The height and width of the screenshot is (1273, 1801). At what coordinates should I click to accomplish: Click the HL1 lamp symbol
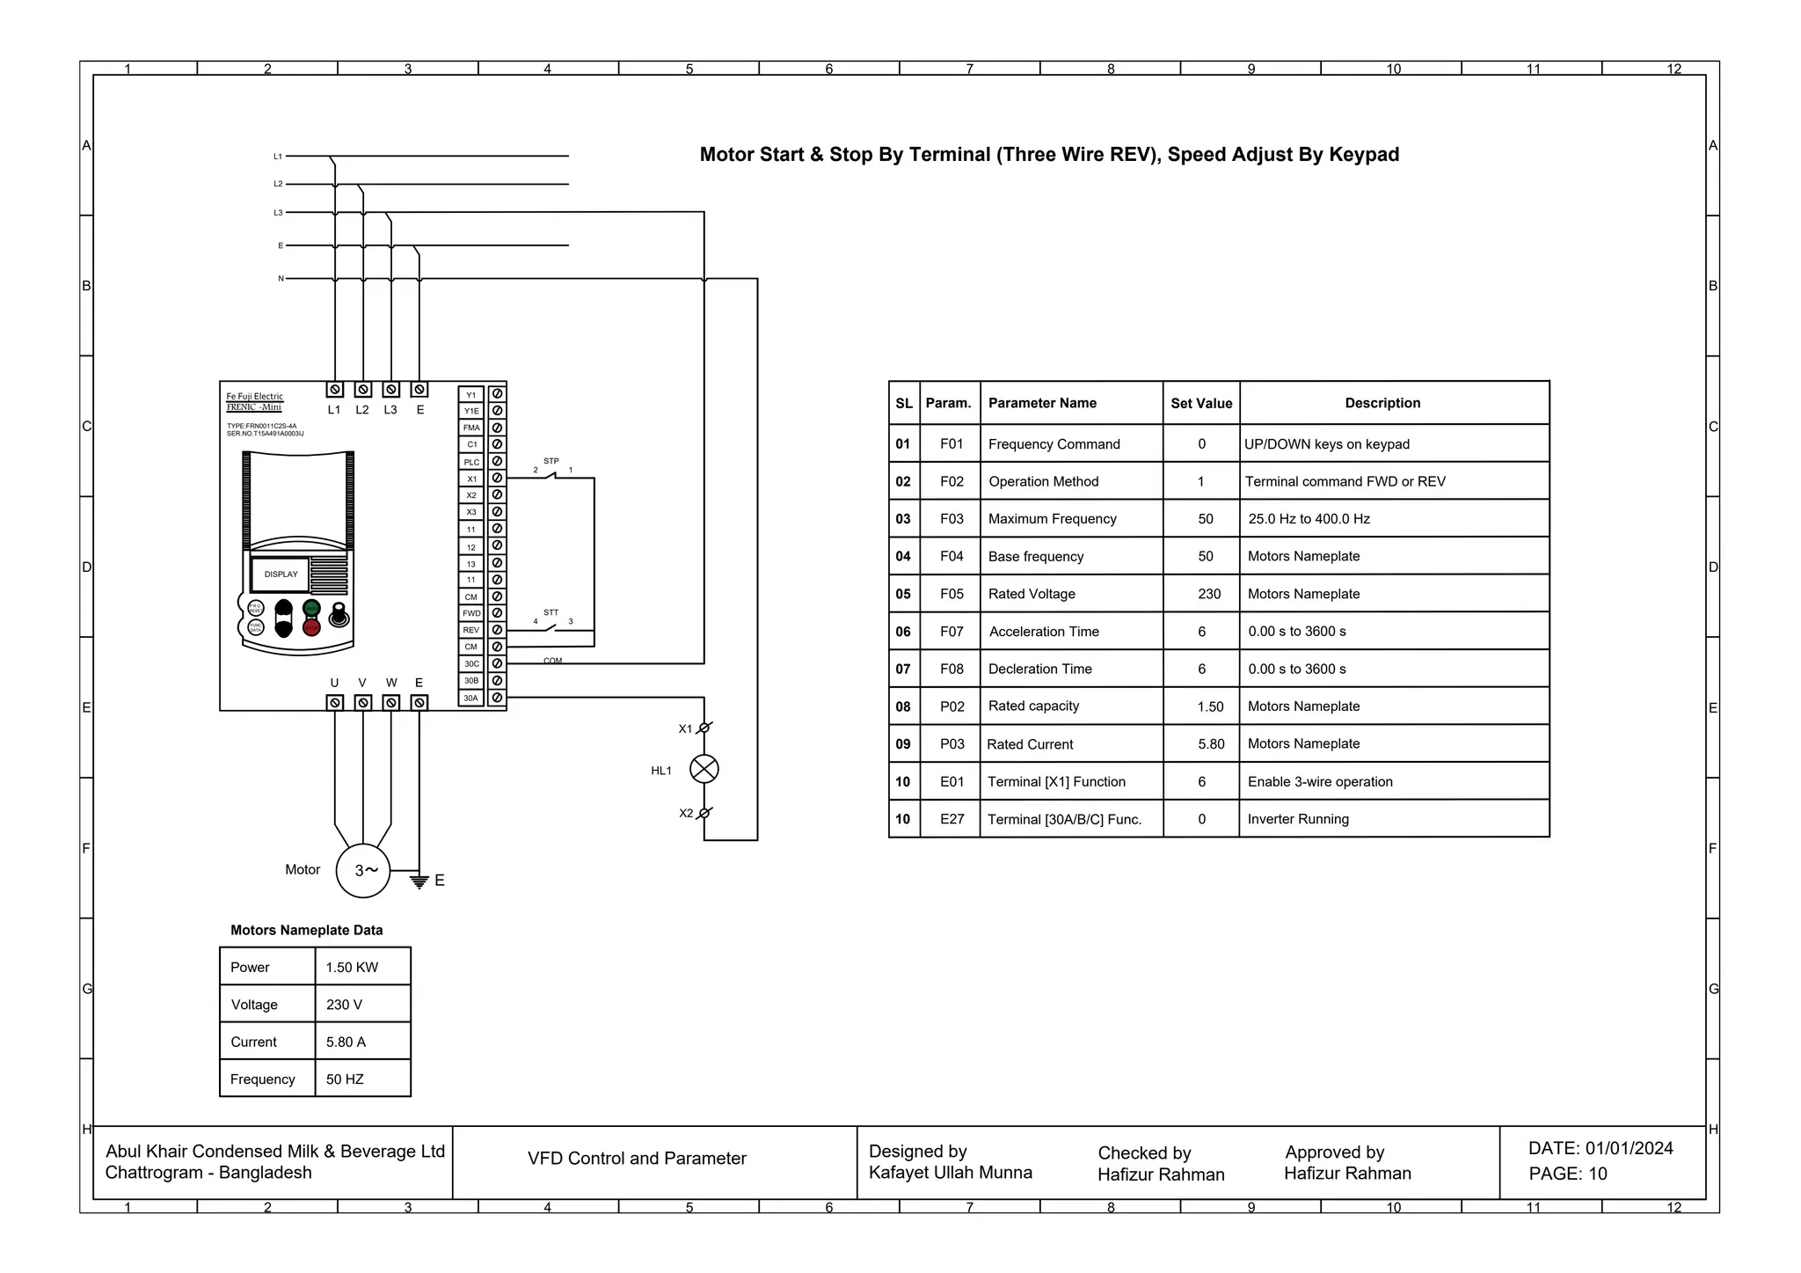point(704,769)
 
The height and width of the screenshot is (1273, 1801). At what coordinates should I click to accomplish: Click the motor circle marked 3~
point(363,870)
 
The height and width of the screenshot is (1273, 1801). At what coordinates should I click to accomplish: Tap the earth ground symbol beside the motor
point(419,881)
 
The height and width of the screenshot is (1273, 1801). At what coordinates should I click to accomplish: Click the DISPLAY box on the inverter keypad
point(281,574)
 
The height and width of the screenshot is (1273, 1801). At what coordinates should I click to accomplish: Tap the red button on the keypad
point(311,626)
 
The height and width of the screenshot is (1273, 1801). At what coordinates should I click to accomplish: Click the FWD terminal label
point(471,613)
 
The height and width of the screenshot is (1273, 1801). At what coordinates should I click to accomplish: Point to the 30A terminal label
point(471,698)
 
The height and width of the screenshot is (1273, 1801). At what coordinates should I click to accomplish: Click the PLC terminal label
point(471,462)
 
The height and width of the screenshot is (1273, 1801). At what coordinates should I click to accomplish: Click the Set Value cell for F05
point(1208,594)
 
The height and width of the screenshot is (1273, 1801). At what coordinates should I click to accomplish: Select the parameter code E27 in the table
point(952,819)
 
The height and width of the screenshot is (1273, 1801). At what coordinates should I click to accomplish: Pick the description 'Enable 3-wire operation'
point(1319,781)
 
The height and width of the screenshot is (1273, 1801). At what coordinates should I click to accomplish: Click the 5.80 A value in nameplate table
point(346,1042)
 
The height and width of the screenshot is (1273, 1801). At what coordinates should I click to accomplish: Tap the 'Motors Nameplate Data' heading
point(306,930)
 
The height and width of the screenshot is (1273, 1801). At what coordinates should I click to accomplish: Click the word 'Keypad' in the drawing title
point(1364,155)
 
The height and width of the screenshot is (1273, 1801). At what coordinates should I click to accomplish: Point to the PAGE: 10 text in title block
point(1567,1174)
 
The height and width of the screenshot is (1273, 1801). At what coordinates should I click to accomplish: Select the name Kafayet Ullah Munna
point(950,1172)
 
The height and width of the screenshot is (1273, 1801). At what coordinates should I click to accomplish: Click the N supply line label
point(281,278)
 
